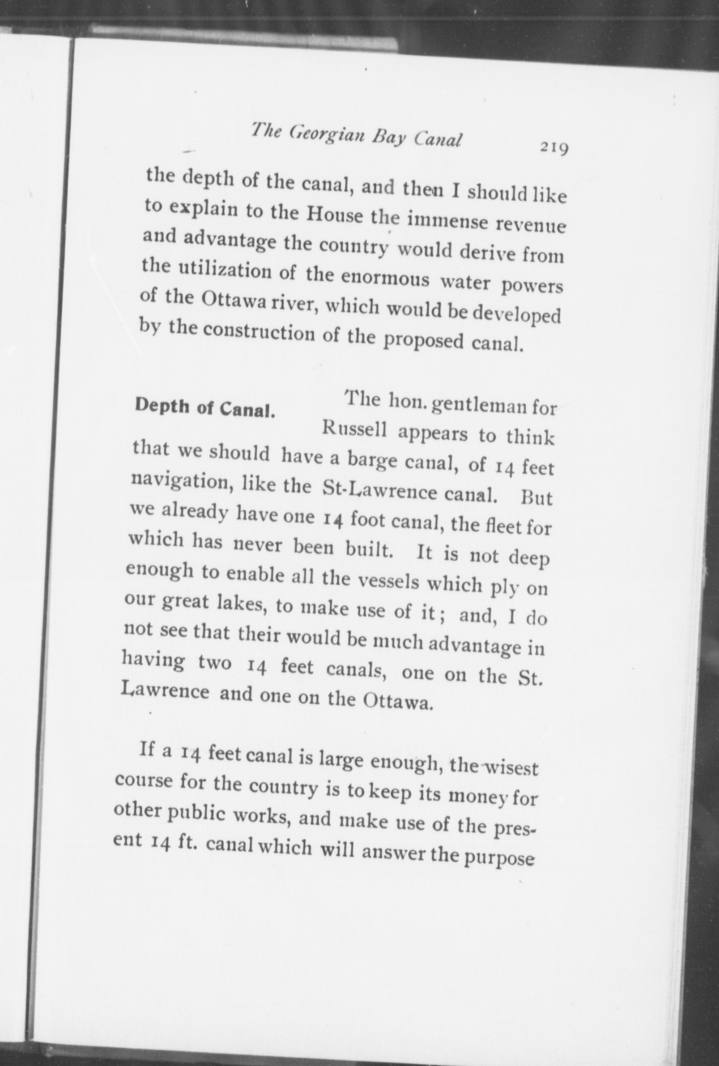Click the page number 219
coord(555,148)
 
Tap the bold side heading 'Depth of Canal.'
coord(204,407)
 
